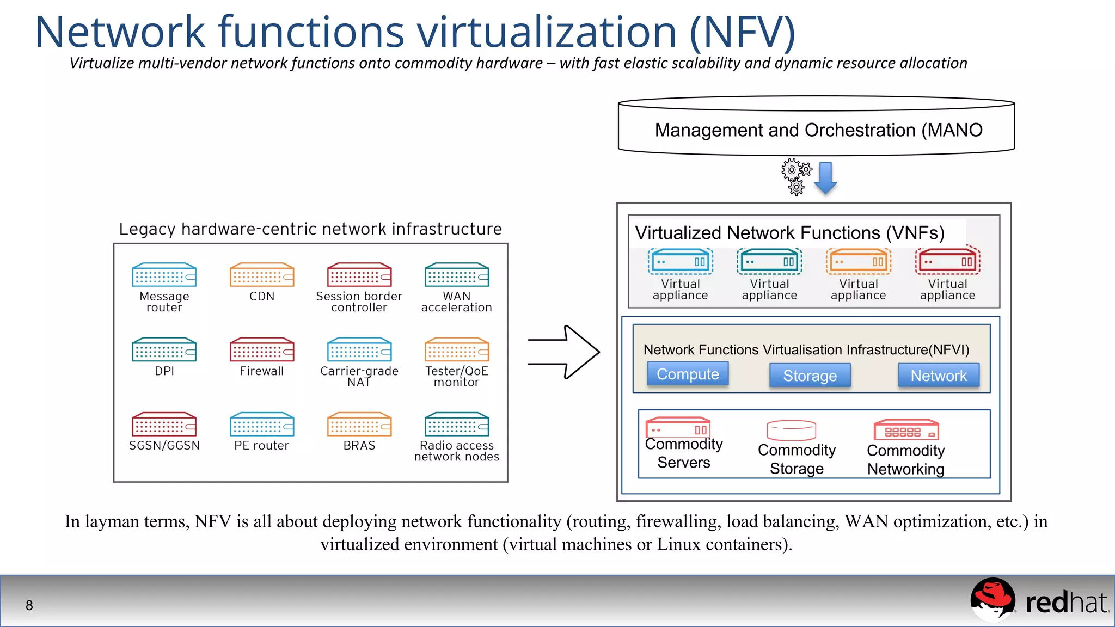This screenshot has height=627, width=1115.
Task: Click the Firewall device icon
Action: coord(262,349)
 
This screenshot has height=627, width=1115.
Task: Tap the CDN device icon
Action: coord(262,275)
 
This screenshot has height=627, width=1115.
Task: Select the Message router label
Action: coord(164,302)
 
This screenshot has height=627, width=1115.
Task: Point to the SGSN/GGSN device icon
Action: coord(164,424)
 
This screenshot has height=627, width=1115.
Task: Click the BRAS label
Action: coord(359,445)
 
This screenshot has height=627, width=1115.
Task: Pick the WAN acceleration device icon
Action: coord(457,275)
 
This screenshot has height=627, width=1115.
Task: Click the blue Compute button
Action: coord(688,374)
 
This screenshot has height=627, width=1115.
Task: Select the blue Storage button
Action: coord(810,376)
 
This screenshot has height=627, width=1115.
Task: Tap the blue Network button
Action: coord(939,376)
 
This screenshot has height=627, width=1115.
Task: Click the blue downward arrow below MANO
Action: coord(825,177)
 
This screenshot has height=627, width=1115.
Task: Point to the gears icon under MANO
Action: coord(796,176)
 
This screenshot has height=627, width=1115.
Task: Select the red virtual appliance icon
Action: coord(947,262)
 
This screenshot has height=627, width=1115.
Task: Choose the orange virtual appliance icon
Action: coord(858,262)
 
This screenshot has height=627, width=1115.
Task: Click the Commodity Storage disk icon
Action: coord(791,430)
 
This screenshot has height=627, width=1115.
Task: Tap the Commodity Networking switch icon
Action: coord(906,430)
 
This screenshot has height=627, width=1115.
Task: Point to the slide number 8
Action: coord(29,605)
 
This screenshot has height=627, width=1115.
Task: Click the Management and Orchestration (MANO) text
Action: coord(818,130)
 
